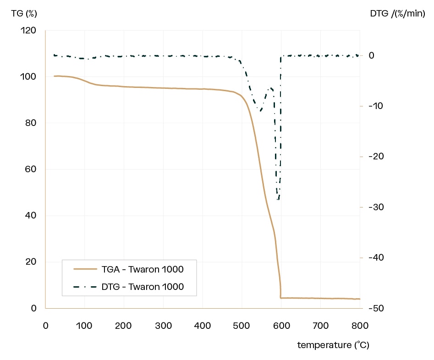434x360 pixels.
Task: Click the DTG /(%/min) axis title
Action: [397, 13]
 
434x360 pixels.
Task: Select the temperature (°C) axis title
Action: [333, 345]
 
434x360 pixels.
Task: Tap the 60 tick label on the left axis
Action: [30, 169]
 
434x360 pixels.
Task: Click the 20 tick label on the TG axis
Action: [30, 262]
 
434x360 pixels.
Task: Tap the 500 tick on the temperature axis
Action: [242, 326]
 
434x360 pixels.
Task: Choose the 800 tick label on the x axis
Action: [360, 326]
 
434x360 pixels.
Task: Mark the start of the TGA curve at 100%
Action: [55, 76]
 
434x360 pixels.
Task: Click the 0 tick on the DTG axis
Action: [372, 56]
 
